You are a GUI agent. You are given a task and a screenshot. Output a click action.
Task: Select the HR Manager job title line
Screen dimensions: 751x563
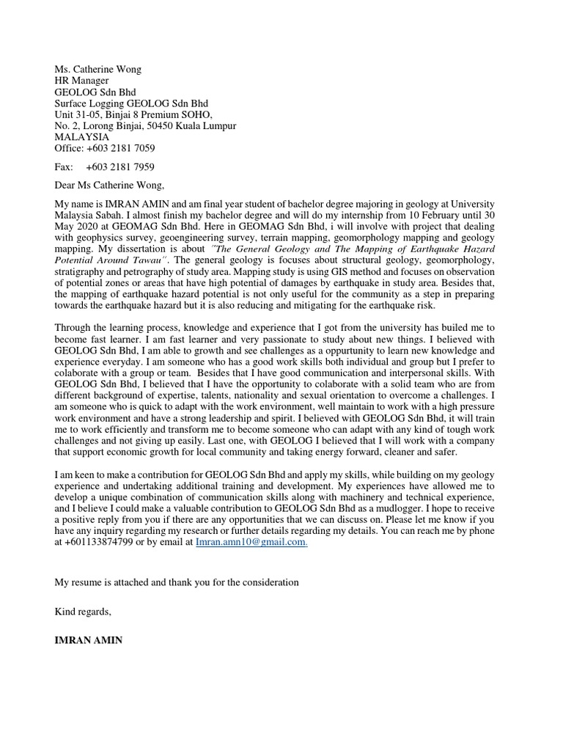[82, 81]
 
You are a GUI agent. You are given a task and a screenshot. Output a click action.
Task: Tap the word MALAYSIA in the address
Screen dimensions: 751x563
[82, 137]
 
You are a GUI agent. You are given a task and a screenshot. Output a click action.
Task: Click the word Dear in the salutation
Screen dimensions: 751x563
[67, 186]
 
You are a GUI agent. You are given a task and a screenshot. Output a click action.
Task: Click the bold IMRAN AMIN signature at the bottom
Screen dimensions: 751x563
[89, 640]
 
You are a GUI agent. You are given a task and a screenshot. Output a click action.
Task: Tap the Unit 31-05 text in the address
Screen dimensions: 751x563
[75, 115]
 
